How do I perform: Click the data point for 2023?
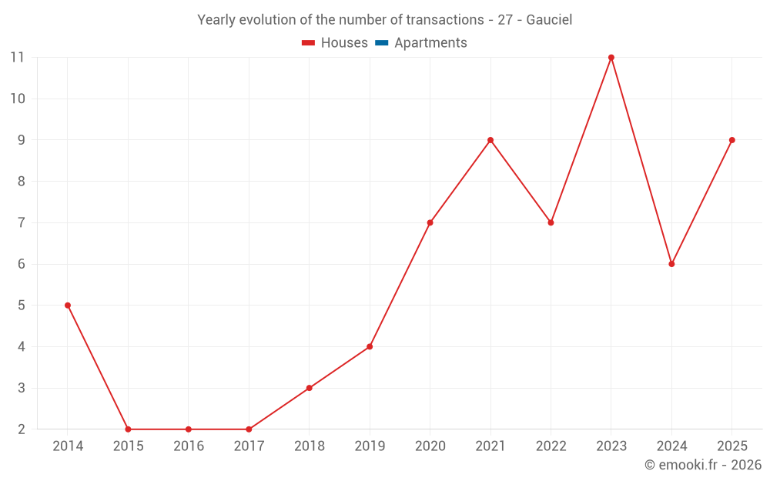tap(611, 58)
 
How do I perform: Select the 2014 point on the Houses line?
tap(68, 306)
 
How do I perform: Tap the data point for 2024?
tap(671, 264)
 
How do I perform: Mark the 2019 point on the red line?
tap(370, 346)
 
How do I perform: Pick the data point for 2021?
tap(490, 140)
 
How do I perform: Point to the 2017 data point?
tap(249, 429)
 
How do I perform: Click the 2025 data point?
tap(731, 140)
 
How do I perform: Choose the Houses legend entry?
tap(335, 42)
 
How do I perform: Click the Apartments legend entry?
tap(421, 42)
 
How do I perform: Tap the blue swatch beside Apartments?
tap(382, 43)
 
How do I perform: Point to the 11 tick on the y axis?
tap(17, 58)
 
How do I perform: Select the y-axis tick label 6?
tap(21, 264)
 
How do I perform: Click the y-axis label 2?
tap(21, 429)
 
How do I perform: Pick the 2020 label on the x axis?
tap(430, 446)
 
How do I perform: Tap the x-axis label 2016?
tap(189, 446)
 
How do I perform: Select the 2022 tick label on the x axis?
tap(551, 446)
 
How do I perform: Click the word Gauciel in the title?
tap(549, 20)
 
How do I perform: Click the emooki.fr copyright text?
tap(703, 464)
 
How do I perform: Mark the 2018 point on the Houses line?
tap(310, 388)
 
